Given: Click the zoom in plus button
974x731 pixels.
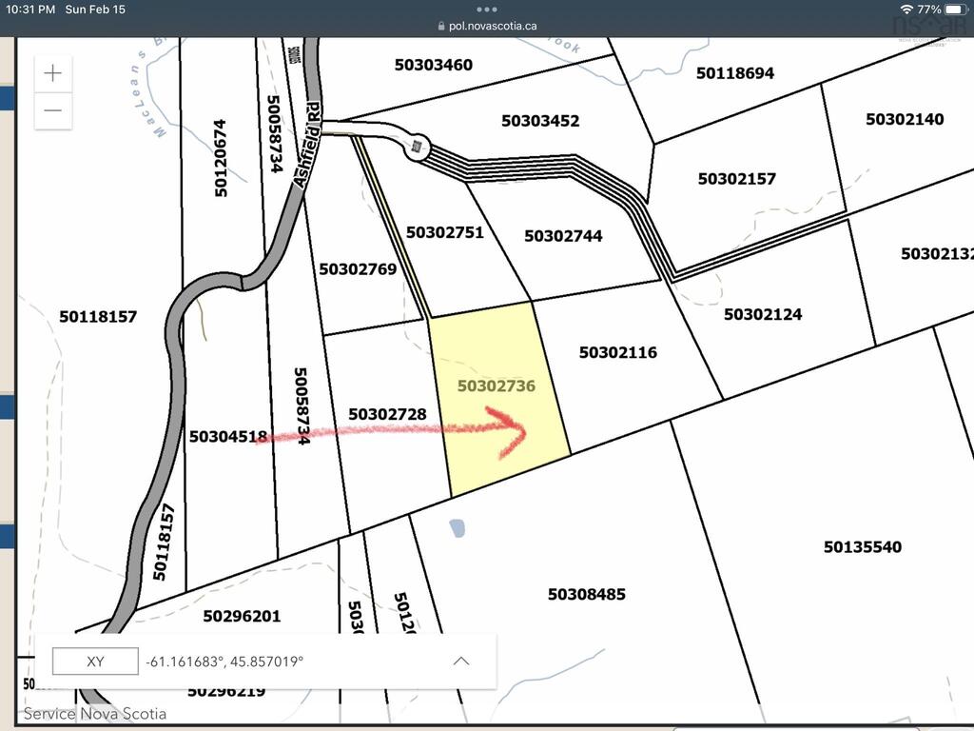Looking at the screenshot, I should pyautogui.click(x=53, y=73).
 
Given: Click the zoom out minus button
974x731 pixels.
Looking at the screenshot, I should pyautogui.click(x=53, y=110).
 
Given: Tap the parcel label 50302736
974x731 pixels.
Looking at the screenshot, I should pyautogui.click(x=497, y=386).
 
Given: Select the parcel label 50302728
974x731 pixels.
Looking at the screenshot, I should pyautogui.click(x=387, y=414).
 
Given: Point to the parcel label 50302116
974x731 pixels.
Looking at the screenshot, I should pyautogui.click(x=618, y=352).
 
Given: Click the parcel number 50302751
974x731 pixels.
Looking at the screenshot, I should pyautogui.click(x=444, y=232).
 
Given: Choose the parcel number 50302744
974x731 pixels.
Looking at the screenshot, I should pyautogui.click(x=563, y=236).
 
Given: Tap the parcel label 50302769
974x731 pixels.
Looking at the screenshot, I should pyautogui.click(x=358, y=269).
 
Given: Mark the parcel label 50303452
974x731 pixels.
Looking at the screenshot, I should pyautogui.click(x=540, y=121).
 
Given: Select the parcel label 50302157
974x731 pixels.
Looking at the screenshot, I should pyautogui.click(x=737, y=179).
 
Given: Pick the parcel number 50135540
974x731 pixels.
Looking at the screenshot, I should pyautogui.click(x=863, y=547).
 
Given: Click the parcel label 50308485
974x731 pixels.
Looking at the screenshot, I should pyautogui.click(x=587, y=595).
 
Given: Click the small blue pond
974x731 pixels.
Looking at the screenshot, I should pyautogui.click(x=458, y=526).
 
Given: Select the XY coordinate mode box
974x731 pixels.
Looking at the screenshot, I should pyautogui.click(x=95, y=662).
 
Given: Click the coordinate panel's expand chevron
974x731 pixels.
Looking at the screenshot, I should pyautogui.click(x=461, y=662).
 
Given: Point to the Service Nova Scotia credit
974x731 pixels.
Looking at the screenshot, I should pyautogui.click(x=95, y=714).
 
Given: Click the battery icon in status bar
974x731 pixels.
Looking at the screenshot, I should pyautogui.click(x=954, y=9).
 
